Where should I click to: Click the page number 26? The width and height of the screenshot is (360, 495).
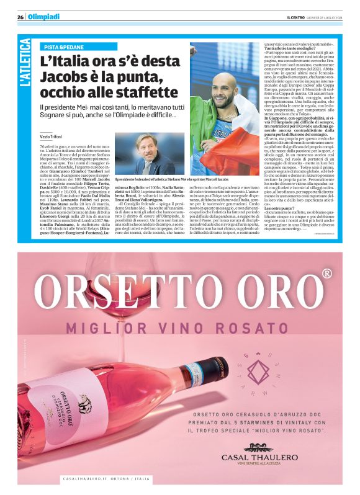coord(20,17)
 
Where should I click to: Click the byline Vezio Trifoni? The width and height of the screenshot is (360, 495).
coord(53,135)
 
